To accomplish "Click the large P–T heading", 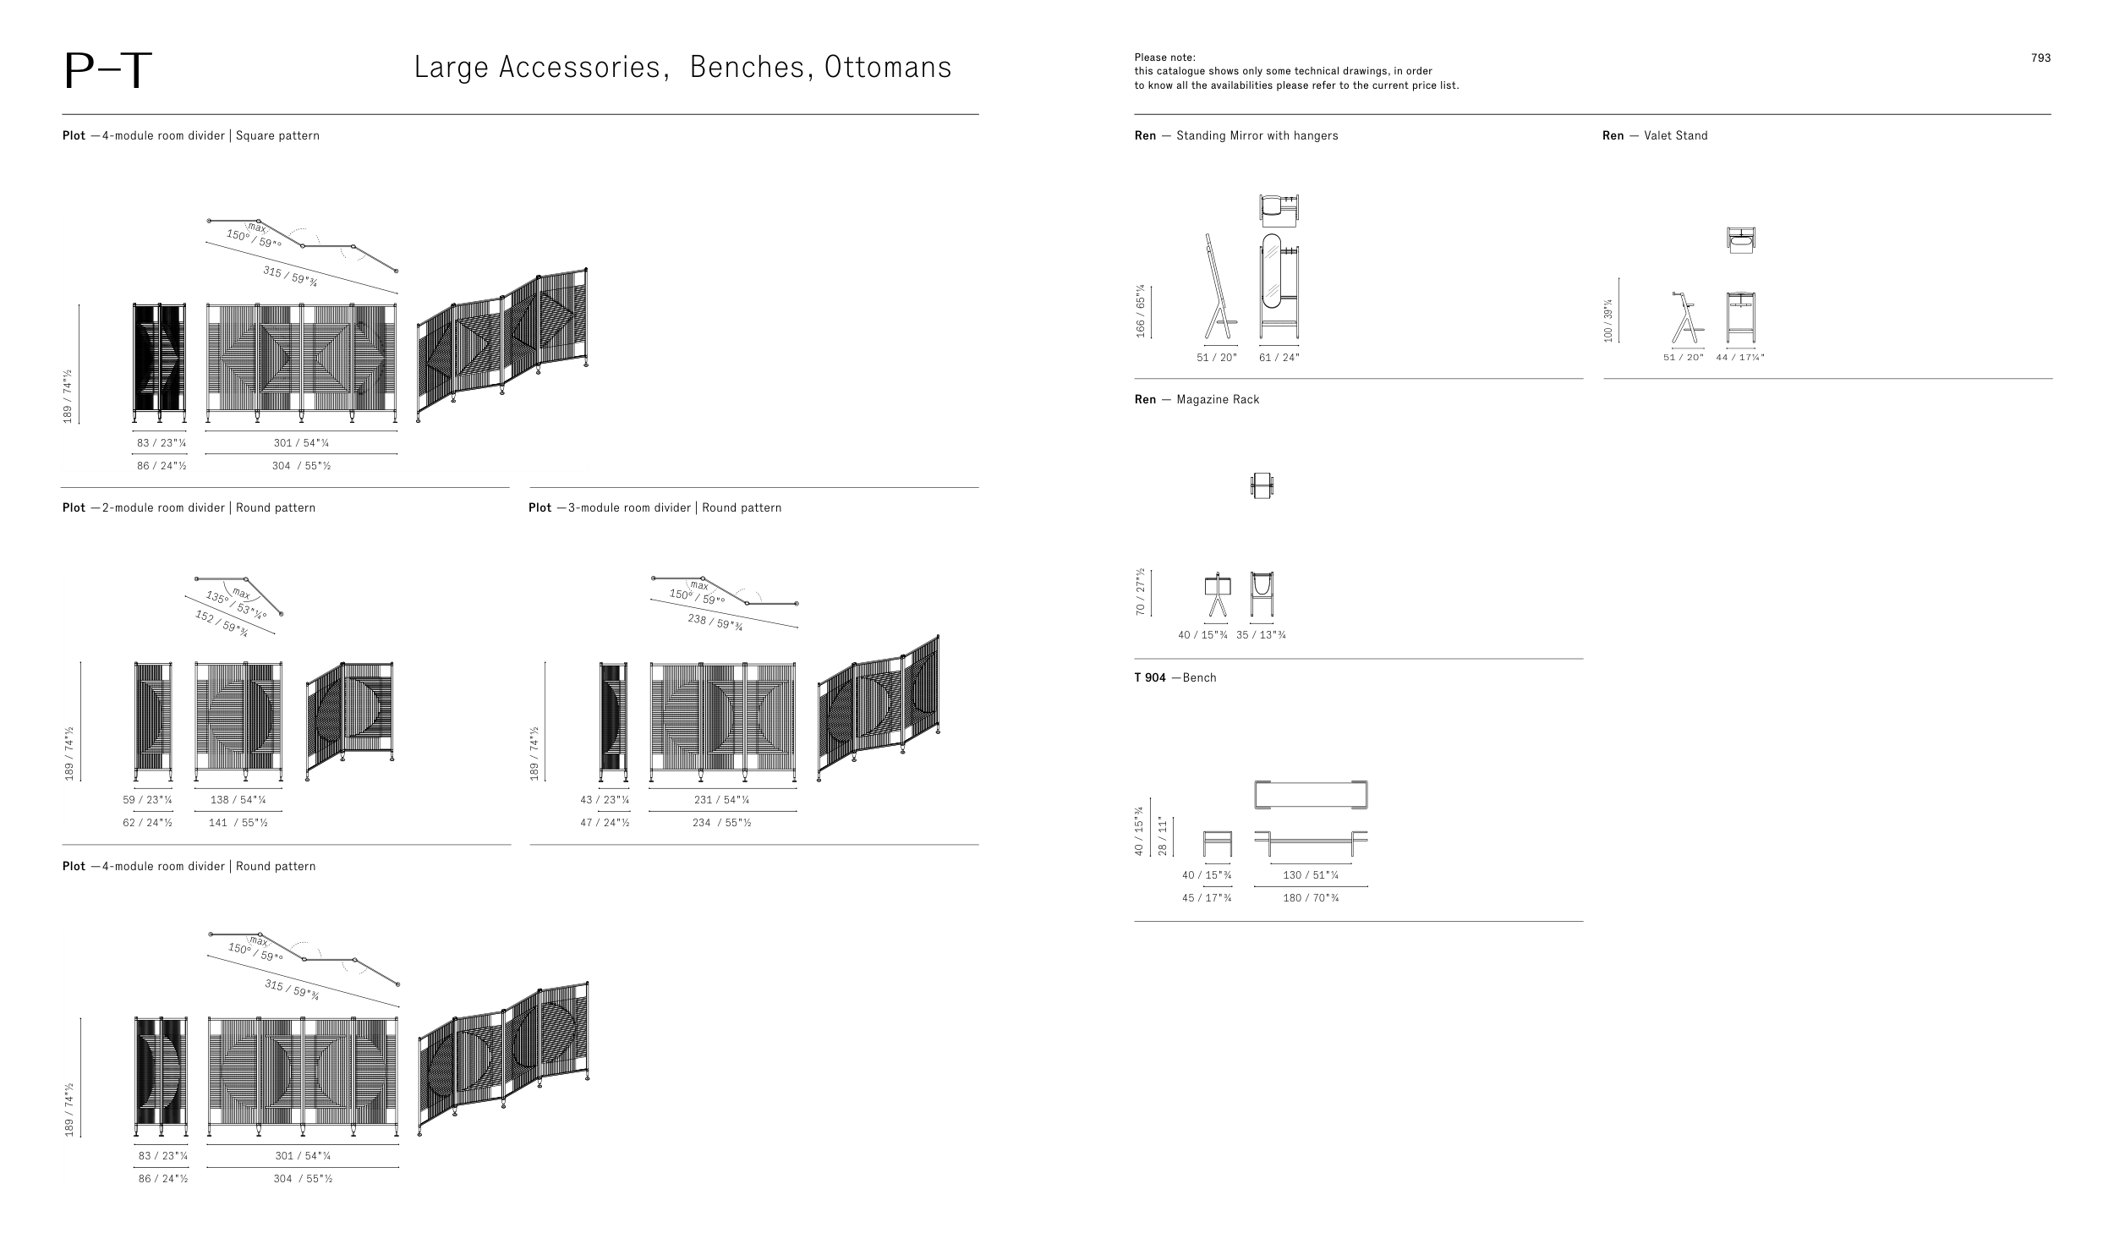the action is [x=107, y=71].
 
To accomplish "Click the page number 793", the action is [x=2040, y=58].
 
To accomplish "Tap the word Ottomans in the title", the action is [x=888, y=68].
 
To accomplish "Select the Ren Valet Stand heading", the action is [x=1655, y=135].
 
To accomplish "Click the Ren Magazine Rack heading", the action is [x=1197, y=399].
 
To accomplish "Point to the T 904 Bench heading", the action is [x=1175, y=677].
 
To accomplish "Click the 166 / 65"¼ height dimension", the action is [x=1140, y=310].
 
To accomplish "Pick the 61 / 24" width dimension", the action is [x=1279, y=358].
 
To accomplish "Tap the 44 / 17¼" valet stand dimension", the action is [x=1740, y=358].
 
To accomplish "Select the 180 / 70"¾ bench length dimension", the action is [x=1311, y=898].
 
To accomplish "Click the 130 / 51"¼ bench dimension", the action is [x=1311, y=875].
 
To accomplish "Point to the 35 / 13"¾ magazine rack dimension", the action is [x=1261, y=635].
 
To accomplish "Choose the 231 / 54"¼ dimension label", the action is [x=721, y=800].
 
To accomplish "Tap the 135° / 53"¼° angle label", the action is [x=236, y=605].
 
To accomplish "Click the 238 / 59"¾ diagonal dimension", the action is [x=715, y=622].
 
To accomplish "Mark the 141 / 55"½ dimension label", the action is [x=238, y=823].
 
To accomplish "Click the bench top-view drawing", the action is [x=1311, y=796].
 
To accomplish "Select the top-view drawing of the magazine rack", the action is [x=1262, y=485].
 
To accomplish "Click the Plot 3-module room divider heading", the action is [x=655, y=507].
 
